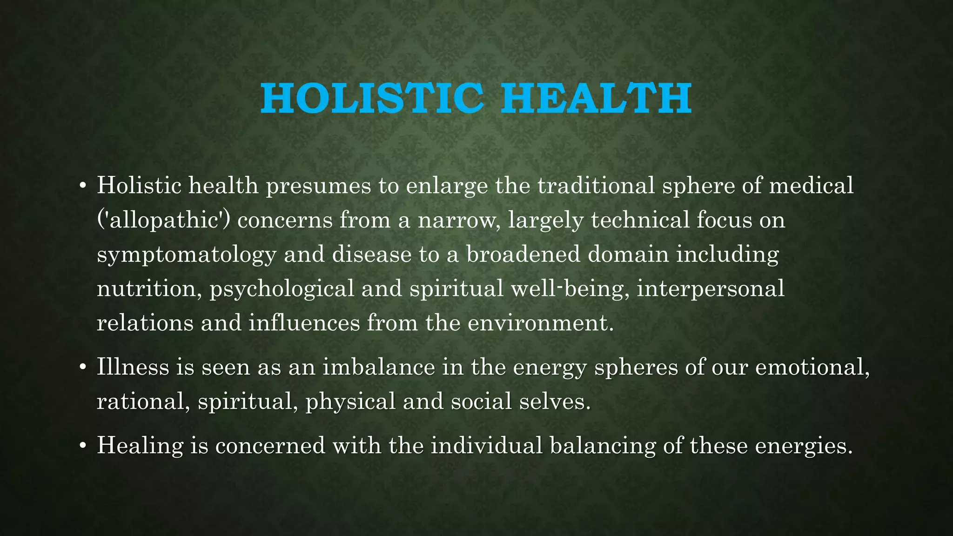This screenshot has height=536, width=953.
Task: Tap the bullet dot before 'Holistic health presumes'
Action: click(83, 186)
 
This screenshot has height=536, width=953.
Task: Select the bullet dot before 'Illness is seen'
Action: click(83, 368)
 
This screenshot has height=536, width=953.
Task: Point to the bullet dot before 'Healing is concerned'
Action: click(83, 446)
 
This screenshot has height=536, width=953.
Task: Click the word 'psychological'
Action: click(282, 288)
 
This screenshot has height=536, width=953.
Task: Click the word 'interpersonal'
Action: click(710, 288)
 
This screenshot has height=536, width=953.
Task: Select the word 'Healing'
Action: click(140, 446)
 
